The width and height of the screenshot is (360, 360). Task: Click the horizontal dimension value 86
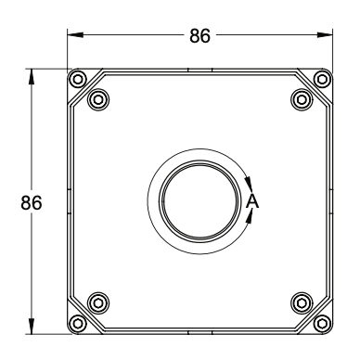tap(199, 35)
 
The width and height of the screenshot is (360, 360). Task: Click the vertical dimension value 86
tap(32, 203)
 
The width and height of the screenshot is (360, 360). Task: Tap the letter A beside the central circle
tap(252, 201)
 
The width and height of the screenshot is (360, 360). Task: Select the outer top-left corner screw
tap(78, 79)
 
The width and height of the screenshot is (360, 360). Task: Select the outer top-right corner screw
tap(322, 79)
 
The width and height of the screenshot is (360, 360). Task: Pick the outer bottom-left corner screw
tap(78, 324)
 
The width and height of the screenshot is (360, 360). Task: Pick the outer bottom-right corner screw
tap(322, 324)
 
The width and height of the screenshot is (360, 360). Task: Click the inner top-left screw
tap(98, 99)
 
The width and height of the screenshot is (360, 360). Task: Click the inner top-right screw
tap(302, 99)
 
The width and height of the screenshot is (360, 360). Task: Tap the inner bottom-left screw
tap(98, 302)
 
